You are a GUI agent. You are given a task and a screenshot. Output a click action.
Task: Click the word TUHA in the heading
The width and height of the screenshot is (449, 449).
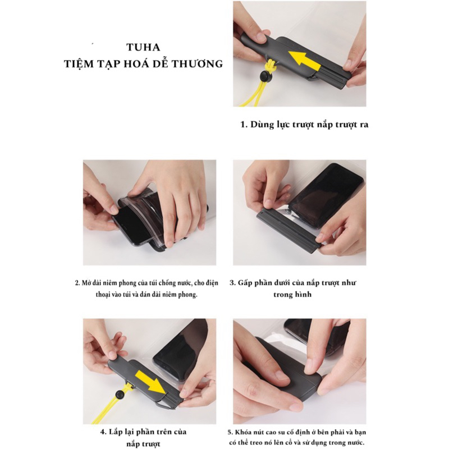(x=144, y=47)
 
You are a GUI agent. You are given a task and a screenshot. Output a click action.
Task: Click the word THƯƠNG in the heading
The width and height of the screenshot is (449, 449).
(x=199, y=64)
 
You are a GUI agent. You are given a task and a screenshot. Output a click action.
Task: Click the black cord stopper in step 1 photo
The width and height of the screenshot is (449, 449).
(x=264, y=76)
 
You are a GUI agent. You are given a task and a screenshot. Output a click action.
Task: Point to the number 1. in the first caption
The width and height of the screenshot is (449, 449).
(x=244, y=125)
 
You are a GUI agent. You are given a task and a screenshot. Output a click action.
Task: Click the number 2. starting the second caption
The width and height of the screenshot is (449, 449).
(x=77, y=283)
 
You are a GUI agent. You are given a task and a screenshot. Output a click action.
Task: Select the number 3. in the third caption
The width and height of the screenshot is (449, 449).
(x=233, y=283)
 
